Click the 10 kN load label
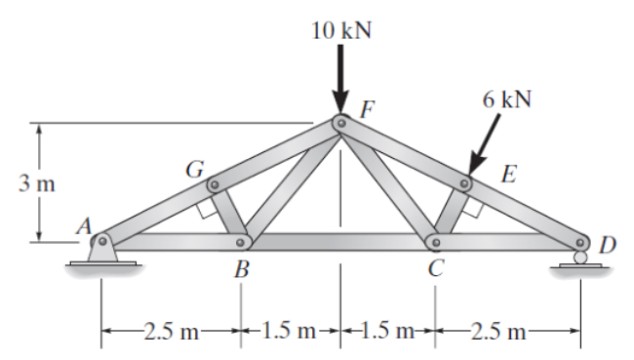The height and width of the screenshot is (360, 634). tap(340, 28)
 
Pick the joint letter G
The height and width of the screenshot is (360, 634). tap(193, 166)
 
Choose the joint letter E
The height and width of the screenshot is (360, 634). tap(508, 176)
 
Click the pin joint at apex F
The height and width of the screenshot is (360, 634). tap(340, 123)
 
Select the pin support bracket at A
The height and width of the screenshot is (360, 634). tap(100, 251)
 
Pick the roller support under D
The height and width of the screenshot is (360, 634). tap(580, 259)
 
